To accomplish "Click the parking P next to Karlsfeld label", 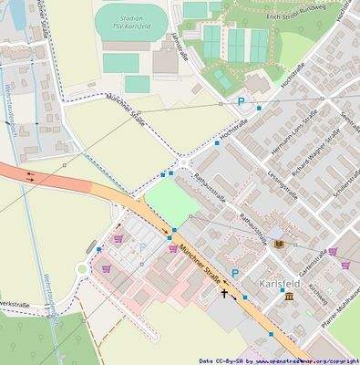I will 235,273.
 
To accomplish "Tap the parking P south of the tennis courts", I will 242,102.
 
